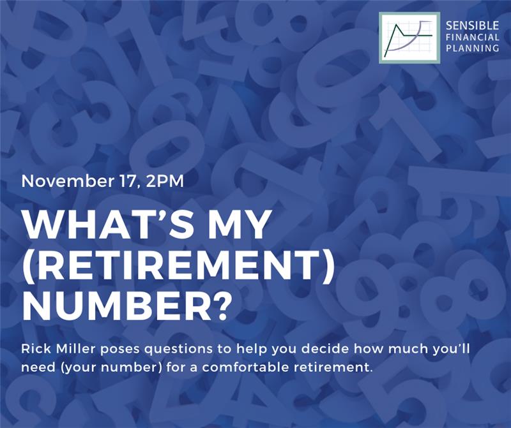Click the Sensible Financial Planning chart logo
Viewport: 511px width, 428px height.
click(x=409, y=38)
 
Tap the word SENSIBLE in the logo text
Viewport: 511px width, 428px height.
click(x=472, y=25)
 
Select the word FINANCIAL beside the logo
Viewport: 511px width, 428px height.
click(x=472, y=37)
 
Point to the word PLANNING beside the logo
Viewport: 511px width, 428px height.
click(x=472, y=48)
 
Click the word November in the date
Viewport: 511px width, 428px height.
click(x=66, y=181)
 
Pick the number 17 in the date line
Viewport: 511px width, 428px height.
click(x=126, y=181)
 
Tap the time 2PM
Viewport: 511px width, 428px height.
click(x=165, y=181)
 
